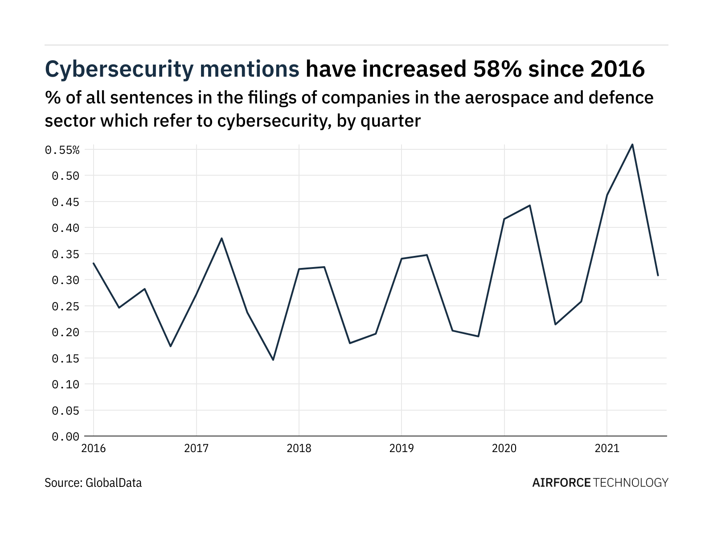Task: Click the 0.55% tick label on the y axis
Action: (62, 150)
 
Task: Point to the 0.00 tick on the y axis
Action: (66, 436)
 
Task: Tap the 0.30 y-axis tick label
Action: (66, 280)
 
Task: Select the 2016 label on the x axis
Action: (94, 448)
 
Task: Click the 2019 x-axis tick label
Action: (402, 448)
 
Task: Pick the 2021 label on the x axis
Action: (607, 448)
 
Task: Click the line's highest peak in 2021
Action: (632, 144)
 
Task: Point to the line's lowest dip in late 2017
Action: (273, 360)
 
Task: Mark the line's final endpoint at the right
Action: (658, 276)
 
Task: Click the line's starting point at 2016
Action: (94, 263)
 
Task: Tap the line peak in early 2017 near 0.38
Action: (221, 238)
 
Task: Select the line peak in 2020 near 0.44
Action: (530, 206)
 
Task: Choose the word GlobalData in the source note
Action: (114, 483)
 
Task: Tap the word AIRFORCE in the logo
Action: (561, 483)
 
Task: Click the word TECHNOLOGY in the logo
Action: (631, 483)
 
